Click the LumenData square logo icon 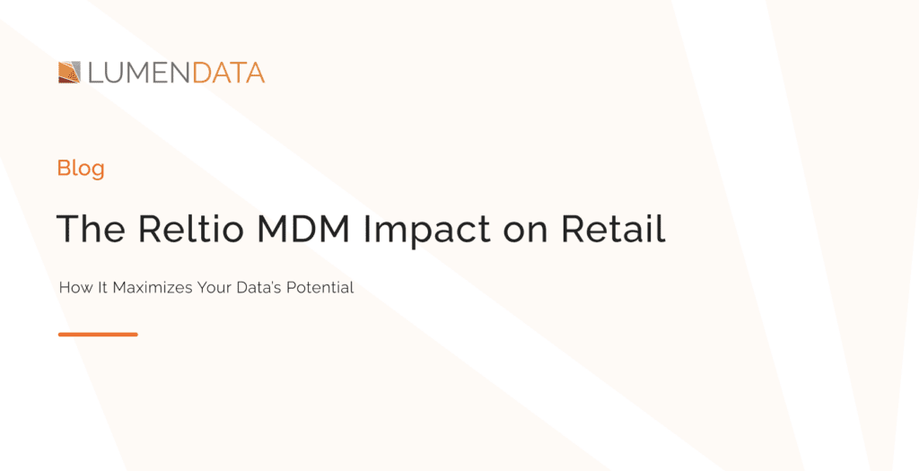70,73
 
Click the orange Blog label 81,168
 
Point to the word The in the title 91,230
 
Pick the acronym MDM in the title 301,230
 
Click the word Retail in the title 613,230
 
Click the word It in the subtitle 99,288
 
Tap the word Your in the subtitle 209,288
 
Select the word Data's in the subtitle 257,288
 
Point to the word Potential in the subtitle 322,288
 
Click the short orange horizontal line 98,335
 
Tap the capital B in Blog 63,168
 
